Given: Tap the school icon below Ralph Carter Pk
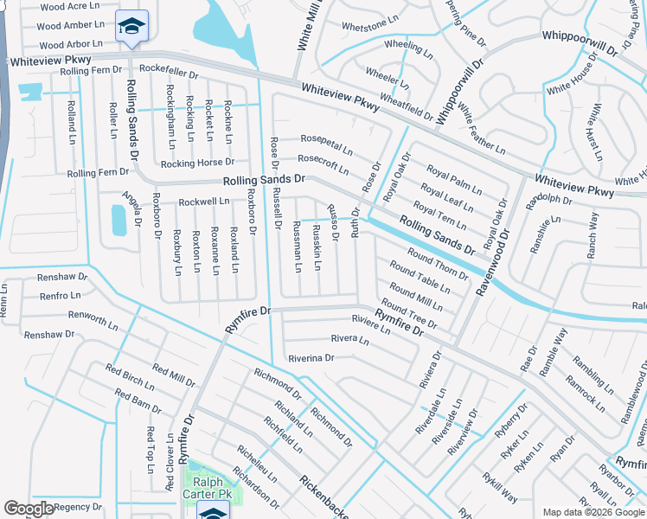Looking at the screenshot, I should point(214,510).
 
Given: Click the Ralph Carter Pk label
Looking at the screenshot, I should point(208,488).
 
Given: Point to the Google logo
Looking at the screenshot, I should point(29,509).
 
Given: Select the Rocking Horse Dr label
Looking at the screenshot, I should point(197,163).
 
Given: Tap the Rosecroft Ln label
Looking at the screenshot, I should point(323,158).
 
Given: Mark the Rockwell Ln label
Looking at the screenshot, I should point(204,202).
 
